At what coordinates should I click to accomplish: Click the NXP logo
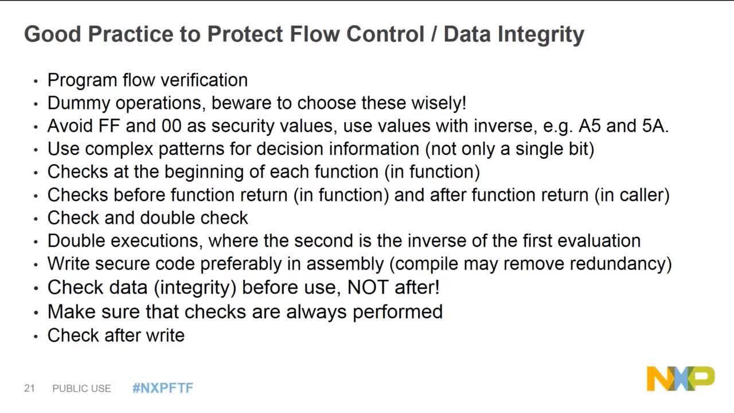pos(681,379)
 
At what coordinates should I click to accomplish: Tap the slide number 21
pos(29,388)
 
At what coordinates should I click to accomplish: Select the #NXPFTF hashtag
pos(163,388)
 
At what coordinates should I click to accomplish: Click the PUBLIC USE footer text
pos(81,388)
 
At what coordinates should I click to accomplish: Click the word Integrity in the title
pos(541,34)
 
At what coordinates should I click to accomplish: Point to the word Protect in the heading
pos(245,34)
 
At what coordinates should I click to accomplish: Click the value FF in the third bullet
pos(109,126)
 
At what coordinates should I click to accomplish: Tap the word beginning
pos(204,172)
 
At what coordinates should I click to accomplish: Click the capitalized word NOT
pos(368,287)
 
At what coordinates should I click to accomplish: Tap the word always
pos(316,311)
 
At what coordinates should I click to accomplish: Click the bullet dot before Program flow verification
pos(36,81)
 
